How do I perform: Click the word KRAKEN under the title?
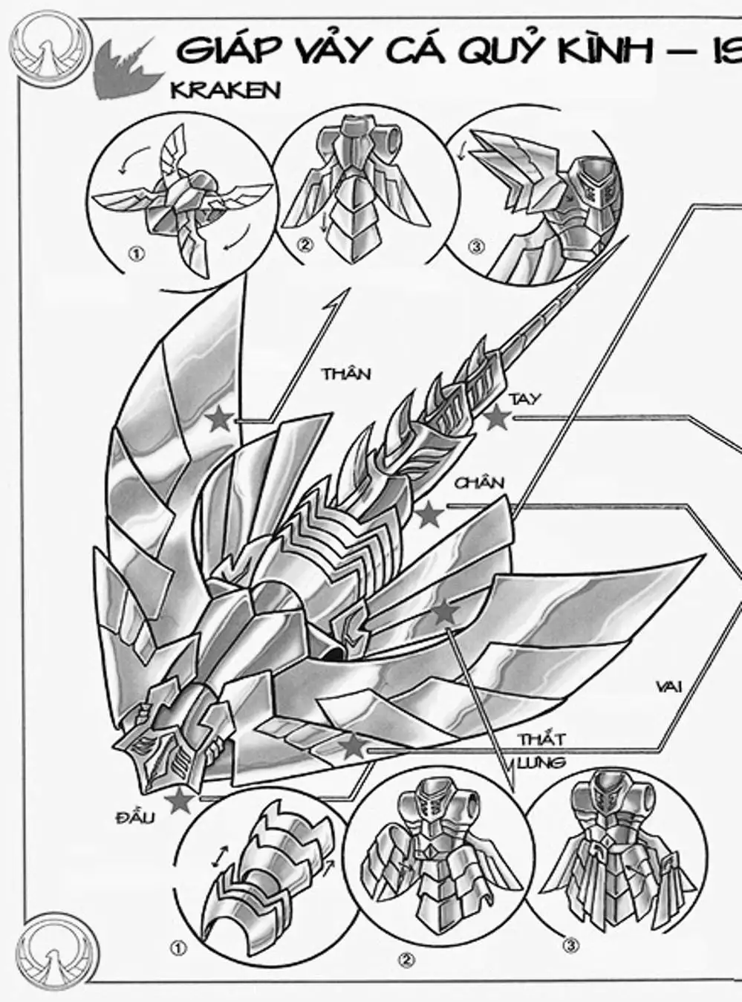tap(225, 90)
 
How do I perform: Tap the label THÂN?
tap(345, 374)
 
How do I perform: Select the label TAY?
tap(525, 400)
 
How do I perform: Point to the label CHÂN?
tap(479, 484)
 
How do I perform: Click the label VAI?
tap(669, 686)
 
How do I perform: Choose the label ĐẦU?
tap(135, 819)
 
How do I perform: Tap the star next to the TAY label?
tap(496, 418)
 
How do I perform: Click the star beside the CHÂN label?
tap(429, 515)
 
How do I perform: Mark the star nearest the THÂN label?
tap(220, 420)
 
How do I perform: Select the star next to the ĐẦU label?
tap(178, 801)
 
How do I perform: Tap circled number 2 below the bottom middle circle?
tap(406, 960)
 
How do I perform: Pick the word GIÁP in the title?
tap(227, 51)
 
